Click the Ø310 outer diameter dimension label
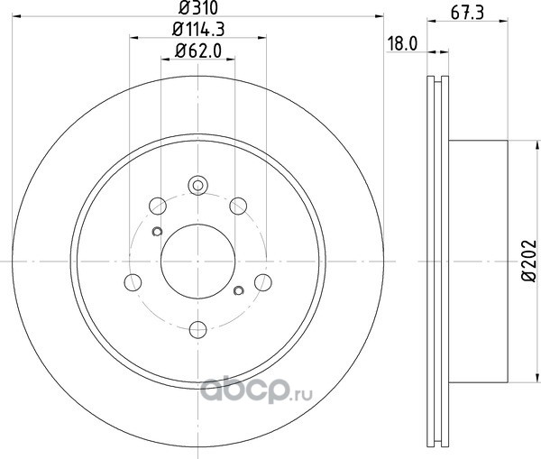198,7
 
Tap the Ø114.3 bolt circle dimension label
198,29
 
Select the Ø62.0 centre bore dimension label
198,50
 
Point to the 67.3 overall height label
467,13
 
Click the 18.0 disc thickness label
402,44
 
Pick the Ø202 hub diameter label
529,262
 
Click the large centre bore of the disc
198,262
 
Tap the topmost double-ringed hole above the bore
198,186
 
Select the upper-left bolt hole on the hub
158,206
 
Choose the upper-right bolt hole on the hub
238,206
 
